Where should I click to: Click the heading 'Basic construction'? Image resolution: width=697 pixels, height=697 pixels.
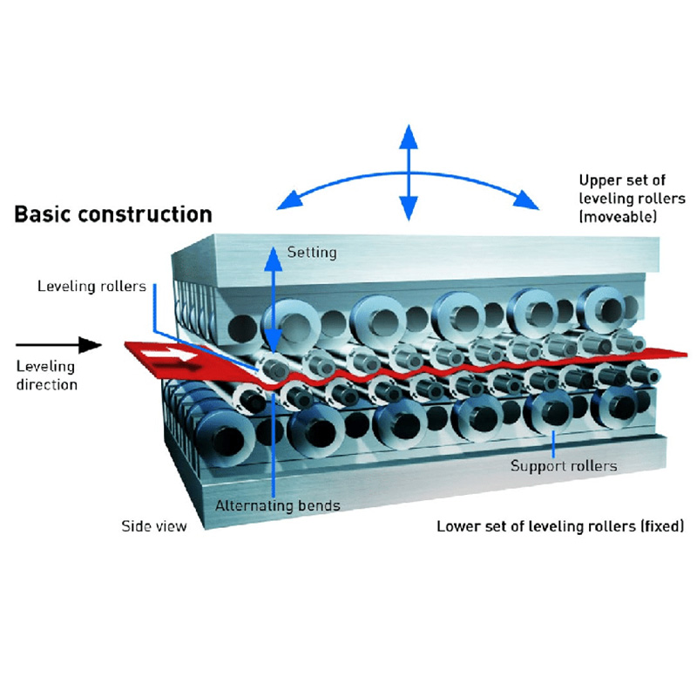[x=113, y=214]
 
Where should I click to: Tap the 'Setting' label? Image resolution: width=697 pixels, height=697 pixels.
[x=311, y=253]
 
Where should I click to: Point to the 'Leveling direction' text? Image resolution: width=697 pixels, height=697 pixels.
[x=47, y=375]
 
